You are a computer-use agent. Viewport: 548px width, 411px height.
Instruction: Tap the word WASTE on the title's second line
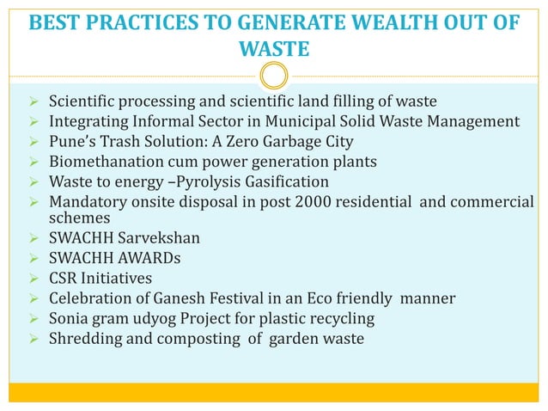(x=273, y=48)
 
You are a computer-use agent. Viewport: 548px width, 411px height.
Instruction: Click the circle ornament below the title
(x=273, y=76)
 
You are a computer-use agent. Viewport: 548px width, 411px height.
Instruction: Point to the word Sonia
(x=69, y=318)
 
